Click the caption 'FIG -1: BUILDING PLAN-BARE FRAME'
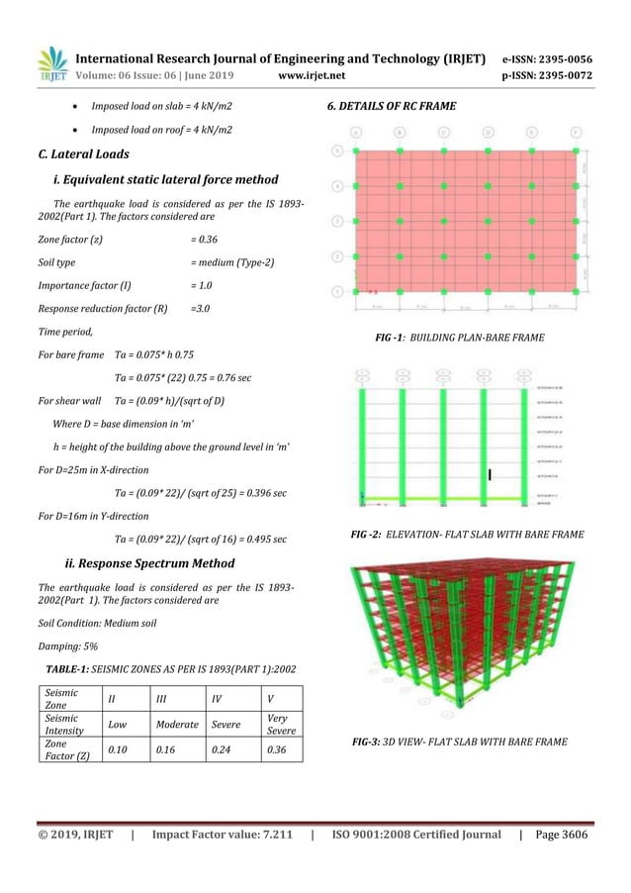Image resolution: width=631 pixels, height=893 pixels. (459, 338)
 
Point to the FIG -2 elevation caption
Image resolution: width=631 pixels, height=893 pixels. (467, 535)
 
